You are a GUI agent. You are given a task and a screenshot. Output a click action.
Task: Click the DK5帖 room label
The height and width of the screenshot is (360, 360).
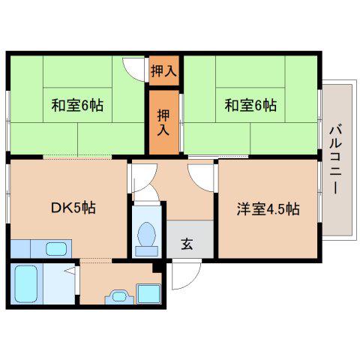tap(73, 208)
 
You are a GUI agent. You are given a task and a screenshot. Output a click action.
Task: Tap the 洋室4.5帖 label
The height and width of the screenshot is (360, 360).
tap(268, 208)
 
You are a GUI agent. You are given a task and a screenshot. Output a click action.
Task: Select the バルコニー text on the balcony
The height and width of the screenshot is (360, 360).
tap(335, 160)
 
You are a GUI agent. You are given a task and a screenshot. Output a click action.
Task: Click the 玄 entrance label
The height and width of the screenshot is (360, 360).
tap(187, 244)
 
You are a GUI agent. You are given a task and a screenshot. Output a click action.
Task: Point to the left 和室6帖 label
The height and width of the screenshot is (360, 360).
tap(77, 105)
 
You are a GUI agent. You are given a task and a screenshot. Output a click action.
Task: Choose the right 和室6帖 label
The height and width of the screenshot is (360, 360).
tap(250, 105)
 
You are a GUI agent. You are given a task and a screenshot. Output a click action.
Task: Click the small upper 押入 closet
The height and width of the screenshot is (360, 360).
tap(164, 70)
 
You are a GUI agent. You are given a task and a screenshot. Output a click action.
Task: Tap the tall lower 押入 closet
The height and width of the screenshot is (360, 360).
tap(164, 122)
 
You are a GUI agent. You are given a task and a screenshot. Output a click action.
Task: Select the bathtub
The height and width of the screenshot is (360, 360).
tap(26, 284)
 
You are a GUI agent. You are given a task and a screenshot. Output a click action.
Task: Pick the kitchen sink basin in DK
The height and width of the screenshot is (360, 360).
tap(56, 249)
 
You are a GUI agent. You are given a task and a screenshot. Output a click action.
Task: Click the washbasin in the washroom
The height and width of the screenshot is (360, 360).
tap(119, 297)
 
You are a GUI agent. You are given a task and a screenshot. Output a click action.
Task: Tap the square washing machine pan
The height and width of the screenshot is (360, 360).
tap(149, 294)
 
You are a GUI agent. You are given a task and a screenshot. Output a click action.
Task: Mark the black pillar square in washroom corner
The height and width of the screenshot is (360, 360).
tap(157, 268)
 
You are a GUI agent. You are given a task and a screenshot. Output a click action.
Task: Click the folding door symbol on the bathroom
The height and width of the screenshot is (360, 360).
tap(71, 271)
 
